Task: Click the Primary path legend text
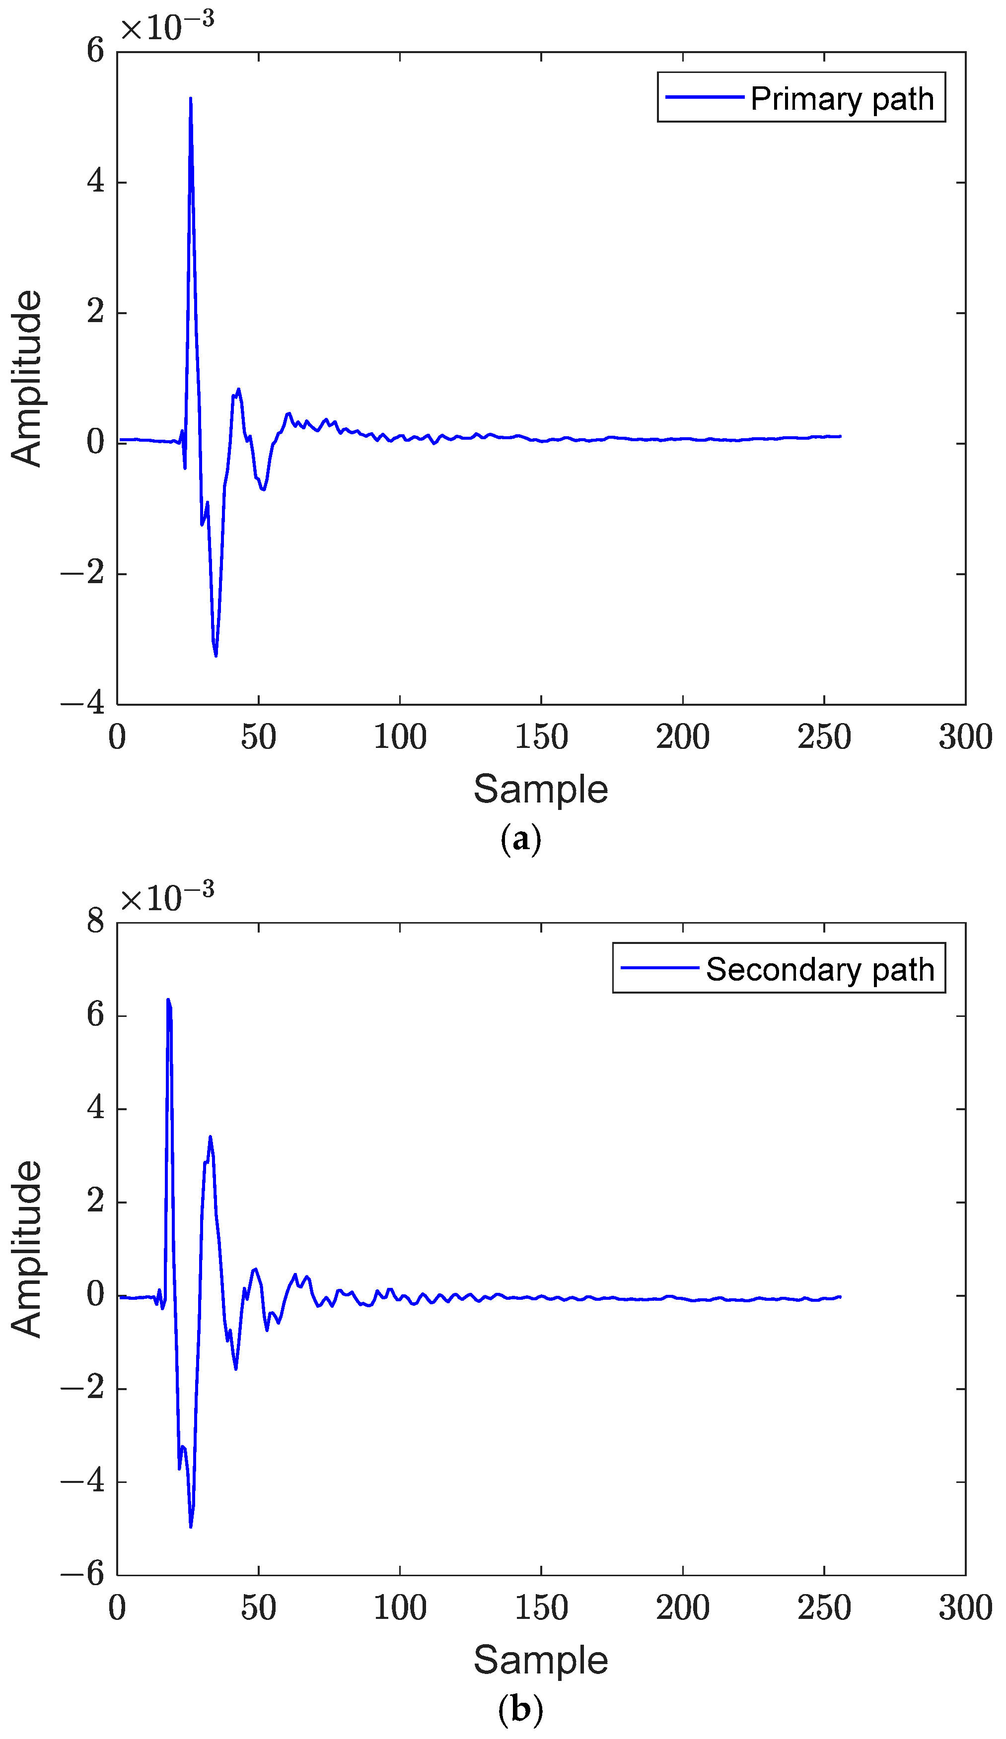point(841,99)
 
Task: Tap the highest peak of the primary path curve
point(191,99)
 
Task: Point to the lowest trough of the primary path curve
point(216,655)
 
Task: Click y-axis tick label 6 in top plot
point(95,51)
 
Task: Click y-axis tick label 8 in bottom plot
point(95,922)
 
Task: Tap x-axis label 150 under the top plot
point(541,737)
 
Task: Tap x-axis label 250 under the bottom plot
point(823,1608)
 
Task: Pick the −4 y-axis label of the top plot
point(83,704)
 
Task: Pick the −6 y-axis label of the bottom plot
point(83,1575)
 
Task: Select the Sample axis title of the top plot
point(541,789)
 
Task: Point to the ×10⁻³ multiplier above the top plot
point(168,26)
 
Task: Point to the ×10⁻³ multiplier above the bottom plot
point(168,897)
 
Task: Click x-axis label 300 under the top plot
point(965,737)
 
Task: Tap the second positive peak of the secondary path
point(210,1137)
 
